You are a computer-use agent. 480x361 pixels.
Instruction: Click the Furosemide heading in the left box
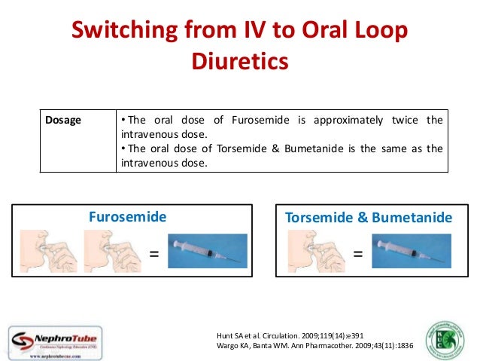[128, 217]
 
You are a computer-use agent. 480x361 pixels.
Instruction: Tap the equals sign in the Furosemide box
[154, 254]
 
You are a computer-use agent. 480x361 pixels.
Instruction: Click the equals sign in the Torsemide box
[357, 254]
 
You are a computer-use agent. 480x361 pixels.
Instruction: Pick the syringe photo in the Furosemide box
[206, 252]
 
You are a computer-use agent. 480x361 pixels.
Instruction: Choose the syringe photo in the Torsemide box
[409, 252]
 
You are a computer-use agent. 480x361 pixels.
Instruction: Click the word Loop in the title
[379, 31]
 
